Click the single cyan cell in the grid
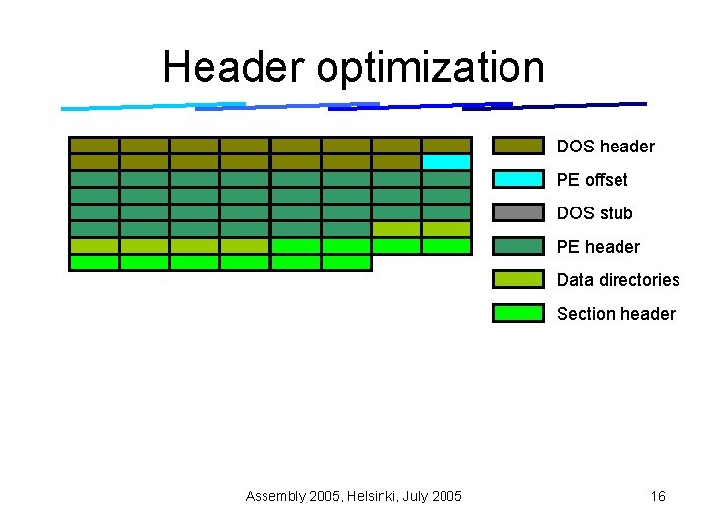tap(446, 162)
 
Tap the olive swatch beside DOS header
tap(518, 147)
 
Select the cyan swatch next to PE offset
tap(518, 180)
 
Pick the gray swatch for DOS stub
tap(518, 213)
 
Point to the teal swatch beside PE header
tap(518, 247)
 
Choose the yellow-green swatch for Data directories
tap(518, 280)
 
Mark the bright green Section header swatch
tap(518, 314)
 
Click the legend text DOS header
tap(605, 147)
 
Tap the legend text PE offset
tap(592, 180)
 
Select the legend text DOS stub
tap(594, 213)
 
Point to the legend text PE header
tap(598, 247)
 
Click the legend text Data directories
tap(618, 280)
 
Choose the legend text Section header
tap(616, 314)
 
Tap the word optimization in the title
tap(431, 67)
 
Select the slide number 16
tap(658, 496)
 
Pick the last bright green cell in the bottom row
tap(346, 263)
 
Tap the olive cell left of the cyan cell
tap(396, 162)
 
